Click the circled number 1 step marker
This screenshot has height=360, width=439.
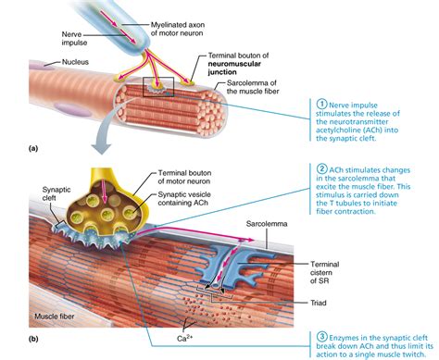[x=321, y=105]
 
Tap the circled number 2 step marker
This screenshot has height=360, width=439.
[x=321, y=169]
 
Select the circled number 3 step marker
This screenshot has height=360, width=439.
[x=321, y=337]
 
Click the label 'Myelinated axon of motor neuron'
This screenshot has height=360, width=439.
[x=177, y=29]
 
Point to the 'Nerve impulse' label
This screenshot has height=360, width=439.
[x=74, y=38]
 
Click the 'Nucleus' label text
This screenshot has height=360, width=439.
[x=75, y=62]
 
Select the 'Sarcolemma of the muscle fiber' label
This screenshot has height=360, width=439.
[x=253, y=87]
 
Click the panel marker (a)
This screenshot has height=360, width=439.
[x=33, y=149]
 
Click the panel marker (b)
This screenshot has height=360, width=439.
[x=33, y=339]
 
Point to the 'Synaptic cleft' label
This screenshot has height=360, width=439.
[x=56, y=193]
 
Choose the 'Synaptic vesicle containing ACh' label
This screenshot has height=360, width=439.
[x=184, y=199]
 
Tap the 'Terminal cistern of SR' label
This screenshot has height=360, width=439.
[x=324, y=272]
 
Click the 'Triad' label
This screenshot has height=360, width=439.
[x=319, y=303]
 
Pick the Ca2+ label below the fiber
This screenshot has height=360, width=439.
[x=185, y=338]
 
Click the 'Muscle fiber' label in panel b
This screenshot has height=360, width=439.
[x=55, y=317]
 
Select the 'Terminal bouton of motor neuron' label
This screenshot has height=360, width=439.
[x=184, y=177]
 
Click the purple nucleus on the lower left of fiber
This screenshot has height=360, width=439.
[x=71, y=109]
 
